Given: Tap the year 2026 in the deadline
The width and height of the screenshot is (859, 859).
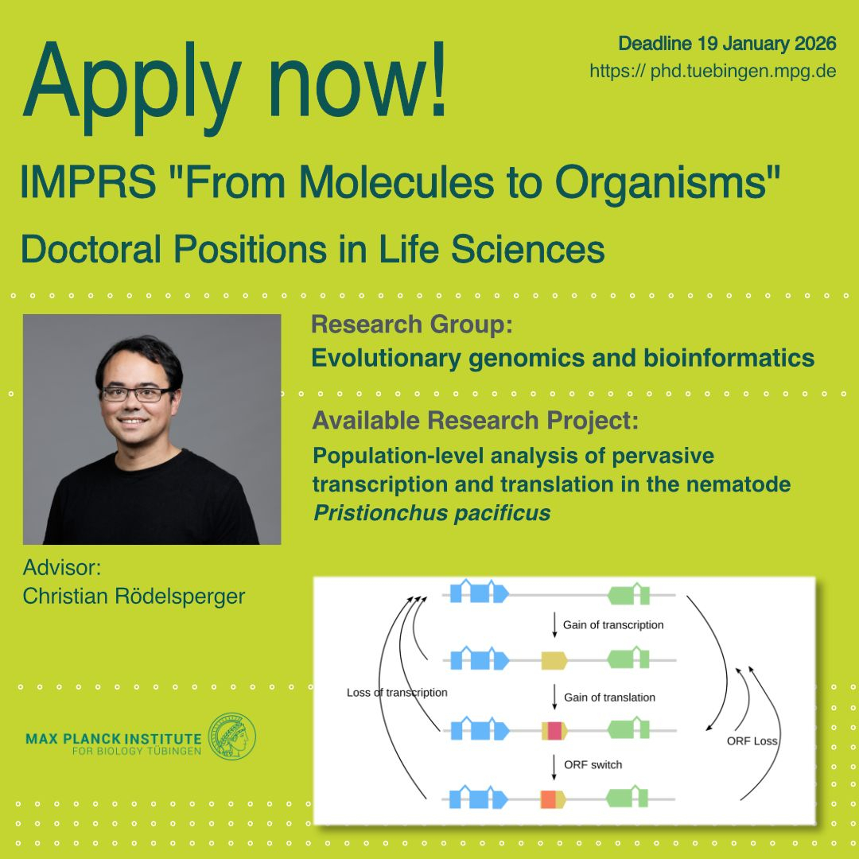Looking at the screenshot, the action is [x=815, y=44].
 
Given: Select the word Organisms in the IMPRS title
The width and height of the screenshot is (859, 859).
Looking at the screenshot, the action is [x=660, y=183].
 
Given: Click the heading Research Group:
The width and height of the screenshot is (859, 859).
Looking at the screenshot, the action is [x=412, y=325].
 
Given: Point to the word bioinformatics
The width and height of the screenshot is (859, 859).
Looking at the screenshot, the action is [x=729, y=358].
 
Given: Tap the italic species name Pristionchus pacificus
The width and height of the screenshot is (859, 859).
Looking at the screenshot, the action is [x=432, y=513].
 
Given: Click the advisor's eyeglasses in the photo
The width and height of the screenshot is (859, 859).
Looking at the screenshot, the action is [x=137, y=394].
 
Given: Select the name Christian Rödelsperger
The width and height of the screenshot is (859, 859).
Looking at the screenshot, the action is [x=134, y=597].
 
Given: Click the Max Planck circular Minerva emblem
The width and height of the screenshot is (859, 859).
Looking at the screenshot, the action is [x=231, y=736].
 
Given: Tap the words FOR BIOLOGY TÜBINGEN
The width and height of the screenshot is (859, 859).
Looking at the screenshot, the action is [x=137, y=751].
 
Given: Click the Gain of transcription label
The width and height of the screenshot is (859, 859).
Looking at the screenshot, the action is [x=613, y=625].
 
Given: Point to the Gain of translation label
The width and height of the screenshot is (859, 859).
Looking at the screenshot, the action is [x=609, y=698].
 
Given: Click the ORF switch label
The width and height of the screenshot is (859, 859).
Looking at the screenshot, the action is [x=593, y=765].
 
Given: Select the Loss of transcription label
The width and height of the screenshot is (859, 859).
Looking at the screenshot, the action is [x=397, y=693].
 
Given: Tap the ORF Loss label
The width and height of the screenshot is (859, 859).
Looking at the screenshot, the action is [x=752, y=741].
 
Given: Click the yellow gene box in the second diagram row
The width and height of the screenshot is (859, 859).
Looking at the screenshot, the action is [x=554, y=661].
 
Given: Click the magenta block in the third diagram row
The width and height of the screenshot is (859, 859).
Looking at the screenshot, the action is [x=554, y=731].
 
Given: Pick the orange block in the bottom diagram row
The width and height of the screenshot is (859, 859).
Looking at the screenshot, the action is [x=548, y=799].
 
